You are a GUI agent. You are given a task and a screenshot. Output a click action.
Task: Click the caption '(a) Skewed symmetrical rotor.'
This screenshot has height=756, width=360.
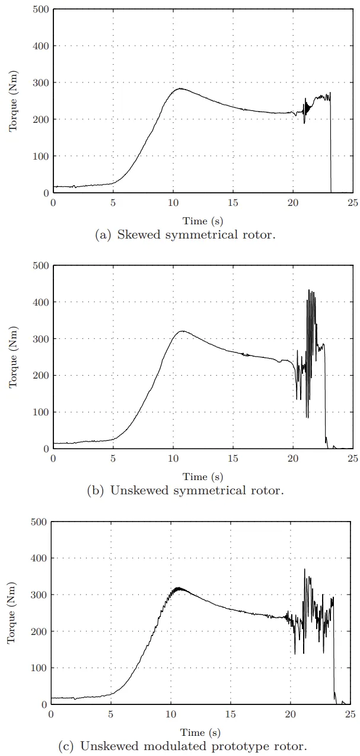[x=186, y=234]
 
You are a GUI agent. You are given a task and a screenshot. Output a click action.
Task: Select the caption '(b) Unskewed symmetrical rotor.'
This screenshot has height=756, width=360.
[x=186, y=490]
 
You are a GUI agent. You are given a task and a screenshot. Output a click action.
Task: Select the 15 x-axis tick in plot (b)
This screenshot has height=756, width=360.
[x=233, y=458]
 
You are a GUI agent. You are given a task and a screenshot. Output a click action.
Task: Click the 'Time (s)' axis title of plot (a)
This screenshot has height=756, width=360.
[x=203, y=221]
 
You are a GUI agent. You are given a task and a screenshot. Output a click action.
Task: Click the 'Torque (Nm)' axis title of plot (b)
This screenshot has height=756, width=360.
[x=12, y=357]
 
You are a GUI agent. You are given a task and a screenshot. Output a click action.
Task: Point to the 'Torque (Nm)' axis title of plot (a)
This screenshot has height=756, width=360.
[x=12, y=101]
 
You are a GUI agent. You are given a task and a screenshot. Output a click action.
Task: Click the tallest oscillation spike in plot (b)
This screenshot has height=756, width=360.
[x=309, y=290]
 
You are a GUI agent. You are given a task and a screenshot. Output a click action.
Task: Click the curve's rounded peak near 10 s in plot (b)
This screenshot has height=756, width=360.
[x=182, y=331]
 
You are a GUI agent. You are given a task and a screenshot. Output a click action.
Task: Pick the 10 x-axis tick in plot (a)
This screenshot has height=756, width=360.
[x=173, y=202]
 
